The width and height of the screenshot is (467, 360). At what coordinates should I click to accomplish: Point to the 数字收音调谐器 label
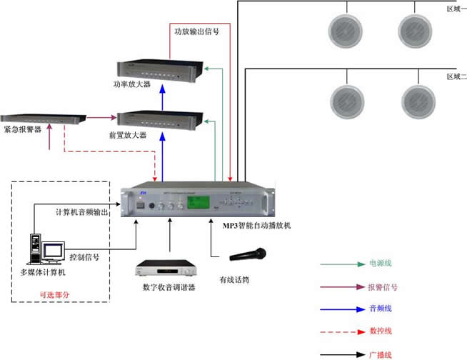pyautogui.click(x=169, y=287)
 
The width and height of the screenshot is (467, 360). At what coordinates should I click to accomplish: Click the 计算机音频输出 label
pyautogui.click(x=82, y=212)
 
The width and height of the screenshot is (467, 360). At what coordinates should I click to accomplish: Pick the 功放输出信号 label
pyautogui.click(x=196, y=31)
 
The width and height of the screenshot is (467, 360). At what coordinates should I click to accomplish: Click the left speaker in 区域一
pyautogui.click(x=346, y=31)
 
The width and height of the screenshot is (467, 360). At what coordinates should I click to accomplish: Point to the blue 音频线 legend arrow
pyautogui.click(x=338, y=309)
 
